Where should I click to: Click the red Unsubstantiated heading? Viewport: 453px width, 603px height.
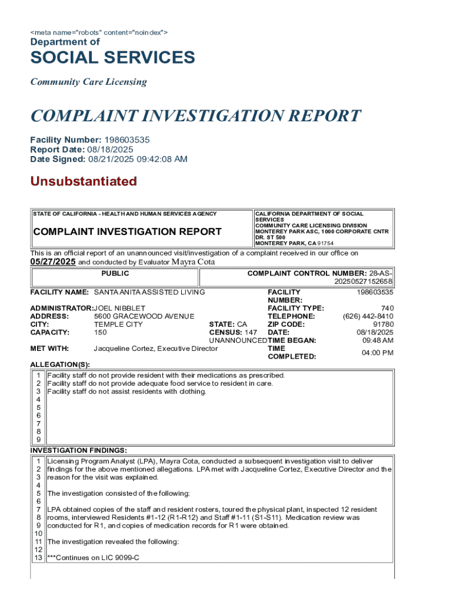click(84, 181)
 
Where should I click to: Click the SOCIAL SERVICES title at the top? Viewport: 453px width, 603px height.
click(112, 58)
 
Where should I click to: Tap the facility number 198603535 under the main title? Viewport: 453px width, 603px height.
click(127, 140)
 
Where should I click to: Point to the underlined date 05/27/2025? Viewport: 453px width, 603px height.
click(53, 262)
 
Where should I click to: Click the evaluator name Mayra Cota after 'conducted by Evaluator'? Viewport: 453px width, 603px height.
click(193, 262)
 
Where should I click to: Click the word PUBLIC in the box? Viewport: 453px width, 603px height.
click(115, 274)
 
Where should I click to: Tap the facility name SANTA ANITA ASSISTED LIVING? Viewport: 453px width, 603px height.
click(149, 292)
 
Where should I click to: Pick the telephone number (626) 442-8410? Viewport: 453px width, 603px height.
click(368, 316)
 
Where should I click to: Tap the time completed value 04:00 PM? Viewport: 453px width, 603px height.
click(378, 353)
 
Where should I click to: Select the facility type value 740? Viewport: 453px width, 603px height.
click(387, 308)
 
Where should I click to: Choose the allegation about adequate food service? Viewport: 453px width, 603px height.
click(160, 383)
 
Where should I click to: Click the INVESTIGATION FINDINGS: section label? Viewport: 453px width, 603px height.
click(78, 450)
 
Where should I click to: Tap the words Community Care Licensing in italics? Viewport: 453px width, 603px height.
click(88, 82)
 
